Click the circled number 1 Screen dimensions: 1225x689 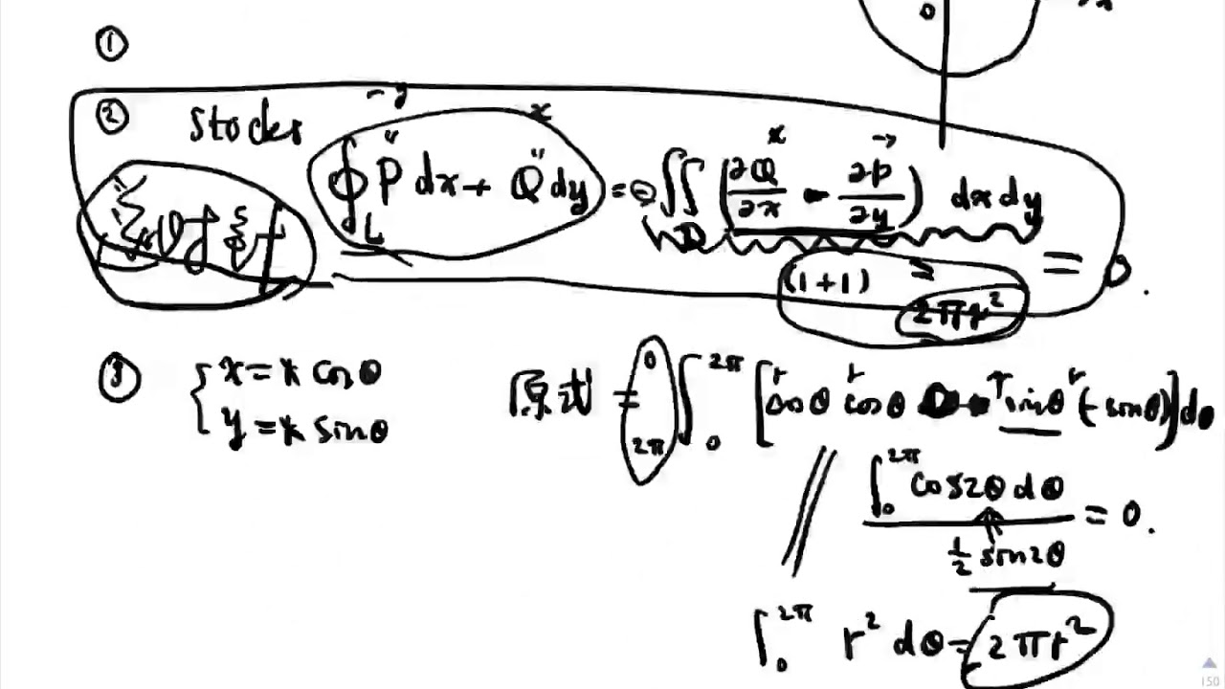[111, 44]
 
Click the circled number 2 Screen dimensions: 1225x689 [112, 116]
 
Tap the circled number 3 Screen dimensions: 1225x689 [119, 380]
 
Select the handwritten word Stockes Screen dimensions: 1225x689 [246, 126]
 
